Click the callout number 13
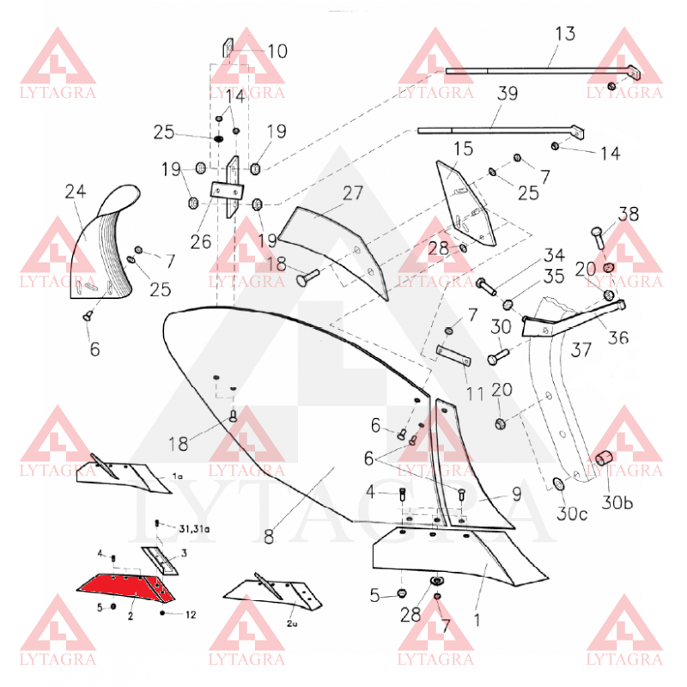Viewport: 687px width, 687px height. [x=565, y=34]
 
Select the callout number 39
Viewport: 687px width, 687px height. [x=508, y=94]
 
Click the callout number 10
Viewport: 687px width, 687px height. [x=277, y=52]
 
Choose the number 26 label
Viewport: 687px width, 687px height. [x=201, y=242]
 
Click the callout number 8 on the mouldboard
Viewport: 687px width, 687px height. [x=269, y=537]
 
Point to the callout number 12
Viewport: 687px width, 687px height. [x=191, y=614]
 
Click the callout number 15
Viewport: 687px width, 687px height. [x=463, y=149]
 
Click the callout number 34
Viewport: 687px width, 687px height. [x=553, y=257]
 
